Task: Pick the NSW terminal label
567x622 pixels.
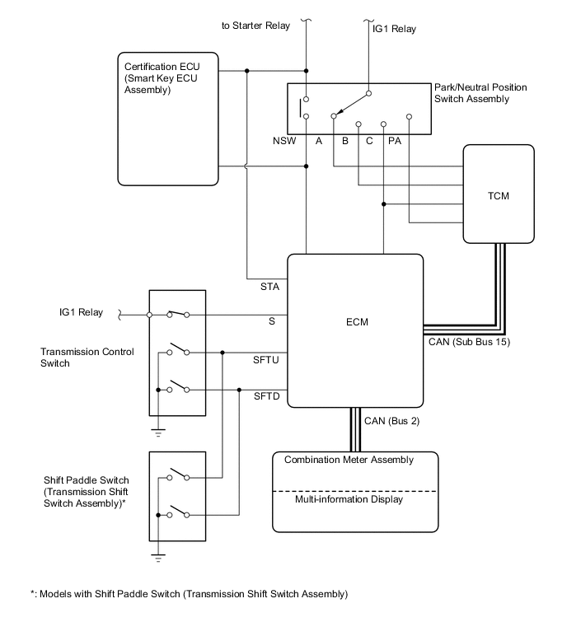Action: coord(284,141)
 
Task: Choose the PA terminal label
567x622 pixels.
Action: coord(395,141)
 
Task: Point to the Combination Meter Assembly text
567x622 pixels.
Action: coord(349,460)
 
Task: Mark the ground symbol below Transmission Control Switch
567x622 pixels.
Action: coord(157,429)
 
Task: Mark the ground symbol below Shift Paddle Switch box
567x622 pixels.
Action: coord(157,556)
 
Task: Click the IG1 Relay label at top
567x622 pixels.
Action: coord(390,30)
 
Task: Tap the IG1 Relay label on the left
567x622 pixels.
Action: coord(81,312)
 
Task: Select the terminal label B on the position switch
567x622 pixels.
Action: coord(344,141)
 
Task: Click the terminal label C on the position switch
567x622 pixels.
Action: coord(370,141)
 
